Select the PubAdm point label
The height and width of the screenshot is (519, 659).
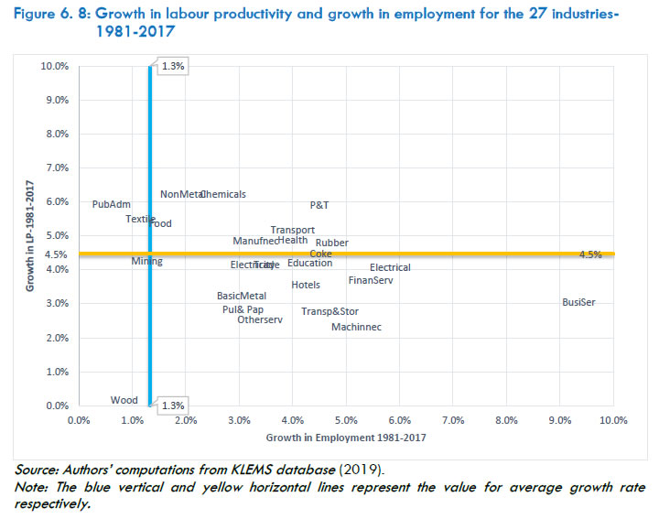tap(112, 204)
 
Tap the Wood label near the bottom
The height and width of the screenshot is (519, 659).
tap(124, 400)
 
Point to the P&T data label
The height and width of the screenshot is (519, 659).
tap(319, 205)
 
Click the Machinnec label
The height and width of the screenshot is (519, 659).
tap(356, 327)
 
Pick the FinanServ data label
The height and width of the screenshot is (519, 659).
tap(371, 280)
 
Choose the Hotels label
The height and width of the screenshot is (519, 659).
tap(306, 285)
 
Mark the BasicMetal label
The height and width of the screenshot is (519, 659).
tap(242, 296)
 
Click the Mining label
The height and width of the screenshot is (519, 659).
tap(146, 261)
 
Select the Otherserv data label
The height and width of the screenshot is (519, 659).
tap(260, 319)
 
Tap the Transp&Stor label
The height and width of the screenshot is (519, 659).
tap(329, 311)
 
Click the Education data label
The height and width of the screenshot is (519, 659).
tap(310, 264)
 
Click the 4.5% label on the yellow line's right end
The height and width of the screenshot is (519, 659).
tap(590, 254)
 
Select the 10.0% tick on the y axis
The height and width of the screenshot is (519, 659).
tap(56, 67)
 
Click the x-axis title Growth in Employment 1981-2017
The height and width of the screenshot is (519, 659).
tap(346, 437)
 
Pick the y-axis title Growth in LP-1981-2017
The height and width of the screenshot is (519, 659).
tap(30, 234)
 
